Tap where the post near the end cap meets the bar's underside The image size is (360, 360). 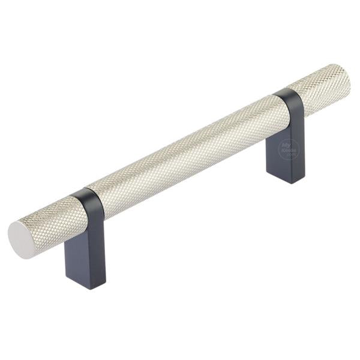tap(88, 225)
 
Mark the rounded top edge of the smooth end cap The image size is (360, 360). tap(18, 226)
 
